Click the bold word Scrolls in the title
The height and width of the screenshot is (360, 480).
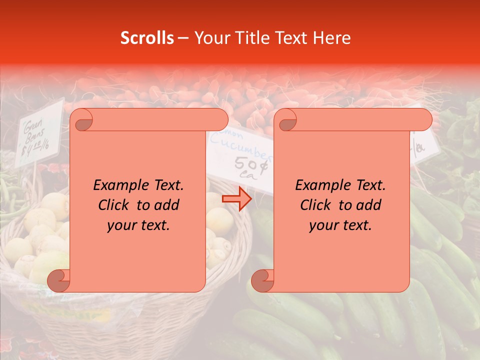(x=147, y=38)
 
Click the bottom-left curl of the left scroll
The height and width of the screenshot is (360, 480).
(x=58, y=280)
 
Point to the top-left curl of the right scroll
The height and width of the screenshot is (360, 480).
(x=286, y=120)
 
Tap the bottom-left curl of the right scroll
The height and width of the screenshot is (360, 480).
(x=262, y=280)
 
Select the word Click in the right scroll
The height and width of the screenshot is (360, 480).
(x=316, y=205)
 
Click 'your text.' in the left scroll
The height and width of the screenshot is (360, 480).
(x=138, y=225)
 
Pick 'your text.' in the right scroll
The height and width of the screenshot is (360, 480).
(x=340, y=225)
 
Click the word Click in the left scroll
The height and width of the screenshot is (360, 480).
(x=114, y=205)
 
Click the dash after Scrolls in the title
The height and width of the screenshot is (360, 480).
(x=183, y=38)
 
